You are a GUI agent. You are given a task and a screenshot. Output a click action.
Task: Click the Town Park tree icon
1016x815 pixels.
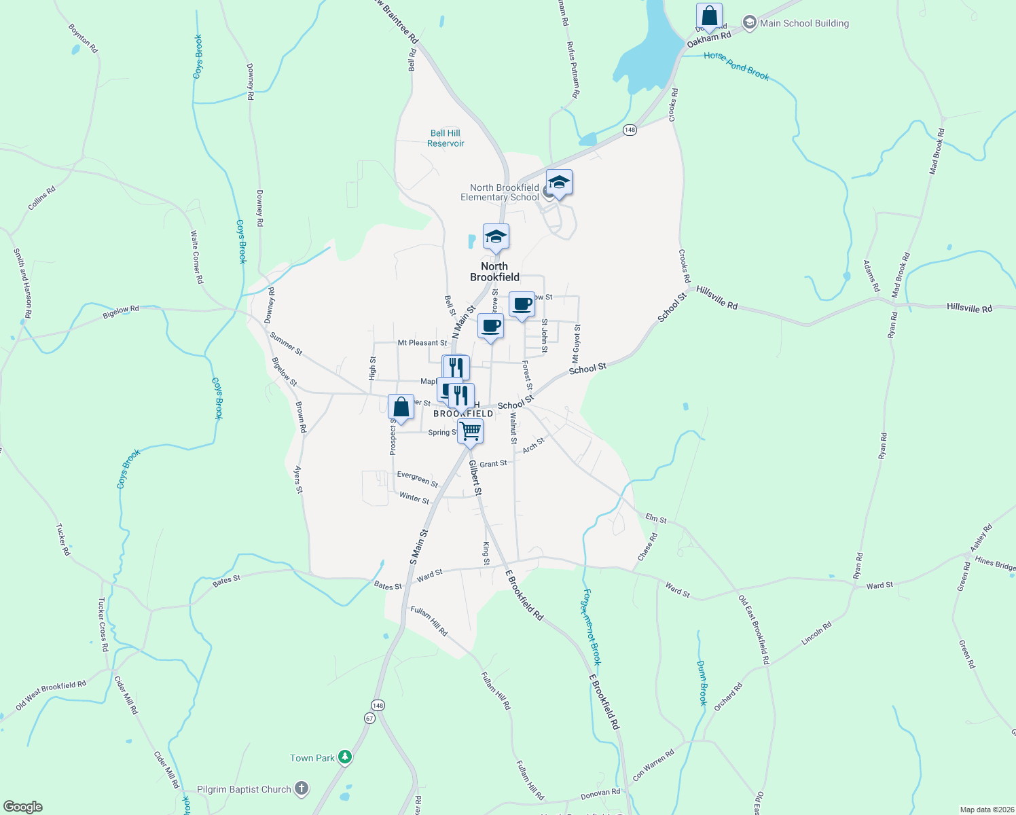[x=345, y=757]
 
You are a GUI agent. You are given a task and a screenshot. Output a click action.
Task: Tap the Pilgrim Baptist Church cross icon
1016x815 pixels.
[x=302, y=789]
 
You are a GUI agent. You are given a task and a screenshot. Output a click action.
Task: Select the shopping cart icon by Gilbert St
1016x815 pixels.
[x=470, y=431]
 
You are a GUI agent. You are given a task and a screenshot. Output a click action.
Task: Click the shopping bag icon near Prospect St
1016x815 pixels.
[x=401, y=407]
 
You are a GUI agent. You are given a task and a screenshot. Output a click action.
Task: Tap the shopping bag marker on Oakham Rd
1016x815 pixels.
[x=709, y=16]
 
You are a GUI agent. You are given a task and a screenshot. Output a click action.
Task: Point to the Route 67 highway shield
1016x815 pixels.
[x=369, y=718]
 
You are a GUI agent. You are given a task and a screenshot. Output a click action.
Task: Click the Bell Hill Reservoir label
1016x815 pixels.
[x=446, y=139]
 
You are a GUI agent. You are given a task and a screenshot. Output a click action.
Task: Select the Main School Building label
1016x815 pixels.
[x=804, y=23]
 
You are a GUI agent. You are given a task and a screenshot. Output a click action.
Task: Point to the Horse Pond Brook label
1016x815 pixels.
[x=736, y=66]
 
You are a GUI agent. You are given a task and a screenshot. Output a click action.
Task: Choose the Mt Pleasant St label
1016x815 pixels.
[x=422, y=343]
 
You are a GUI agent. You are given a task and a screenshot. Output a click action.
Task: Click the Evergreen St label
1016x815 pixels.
[x=418, y=479]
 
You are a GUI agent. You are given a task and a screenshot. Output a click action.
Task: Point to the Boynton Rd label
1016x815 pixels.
[x=83, y=39]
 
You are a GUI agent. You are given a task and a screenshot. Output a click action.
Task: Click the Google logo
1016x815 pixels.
[x=23, y=807]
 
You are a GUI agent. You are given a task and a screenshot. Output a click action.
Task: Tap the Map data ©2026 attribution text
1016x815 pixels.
[x=985, y=810]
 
